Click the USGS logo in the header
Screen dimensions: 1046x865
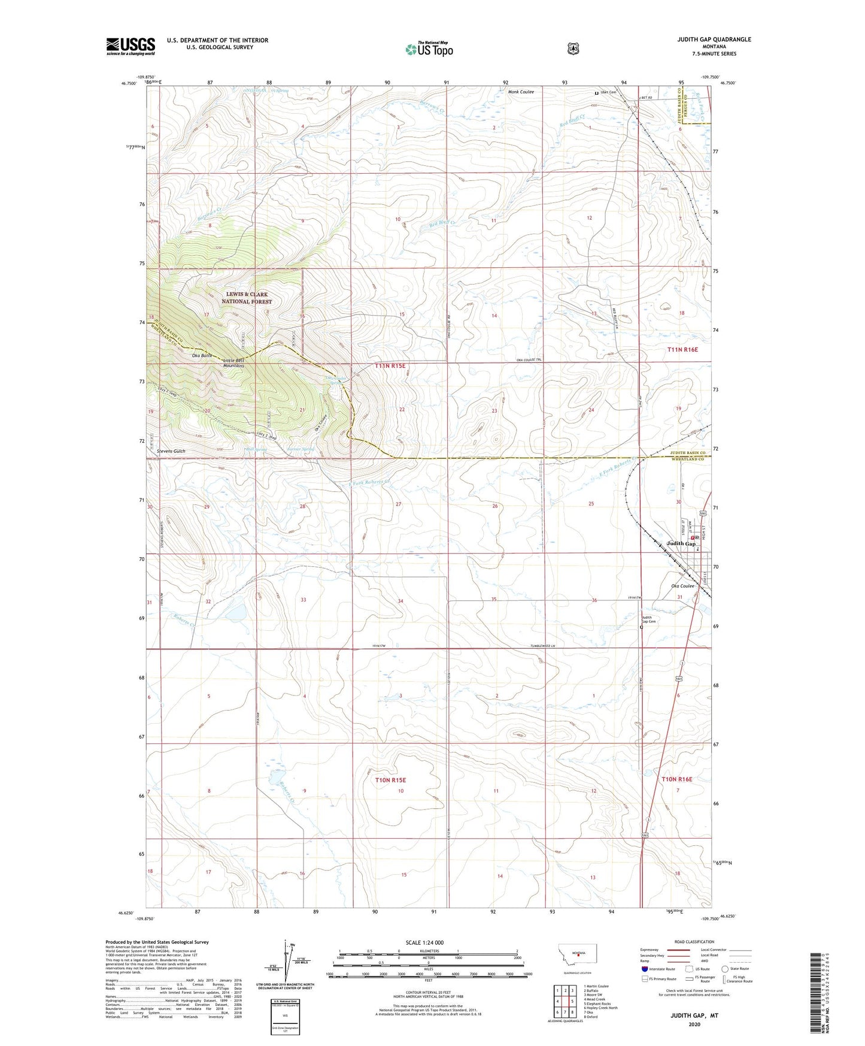pyautogui.click(x=130, y=46)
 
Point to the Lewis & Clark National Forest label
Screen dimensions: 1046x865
pyautogui.click(x=247, y=298)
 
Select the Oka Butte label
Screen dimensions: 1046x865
pyautogui.click(x=202, y=356)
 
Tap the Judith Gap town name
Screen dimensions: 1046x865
pyautogui.click(x=681, y=543)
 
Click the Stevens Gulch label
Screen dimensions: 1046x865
pyautogui.click(x=171, y=451)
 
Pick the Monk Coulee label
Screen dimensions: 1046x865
pyautogui.click(x=520, y=92)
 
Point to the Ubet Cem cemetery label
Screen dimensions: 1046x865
pyautogui.click(x=608, y=92)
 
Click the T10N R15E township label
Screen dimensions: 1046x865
pyautogui.click(x=390, y=780)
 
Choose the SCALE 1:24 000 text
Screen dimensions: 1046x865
pyautogui.click(x=424, y=942)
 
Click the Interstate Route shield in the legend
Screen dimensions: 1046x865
pyautogui.click(x=644, y=969)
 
